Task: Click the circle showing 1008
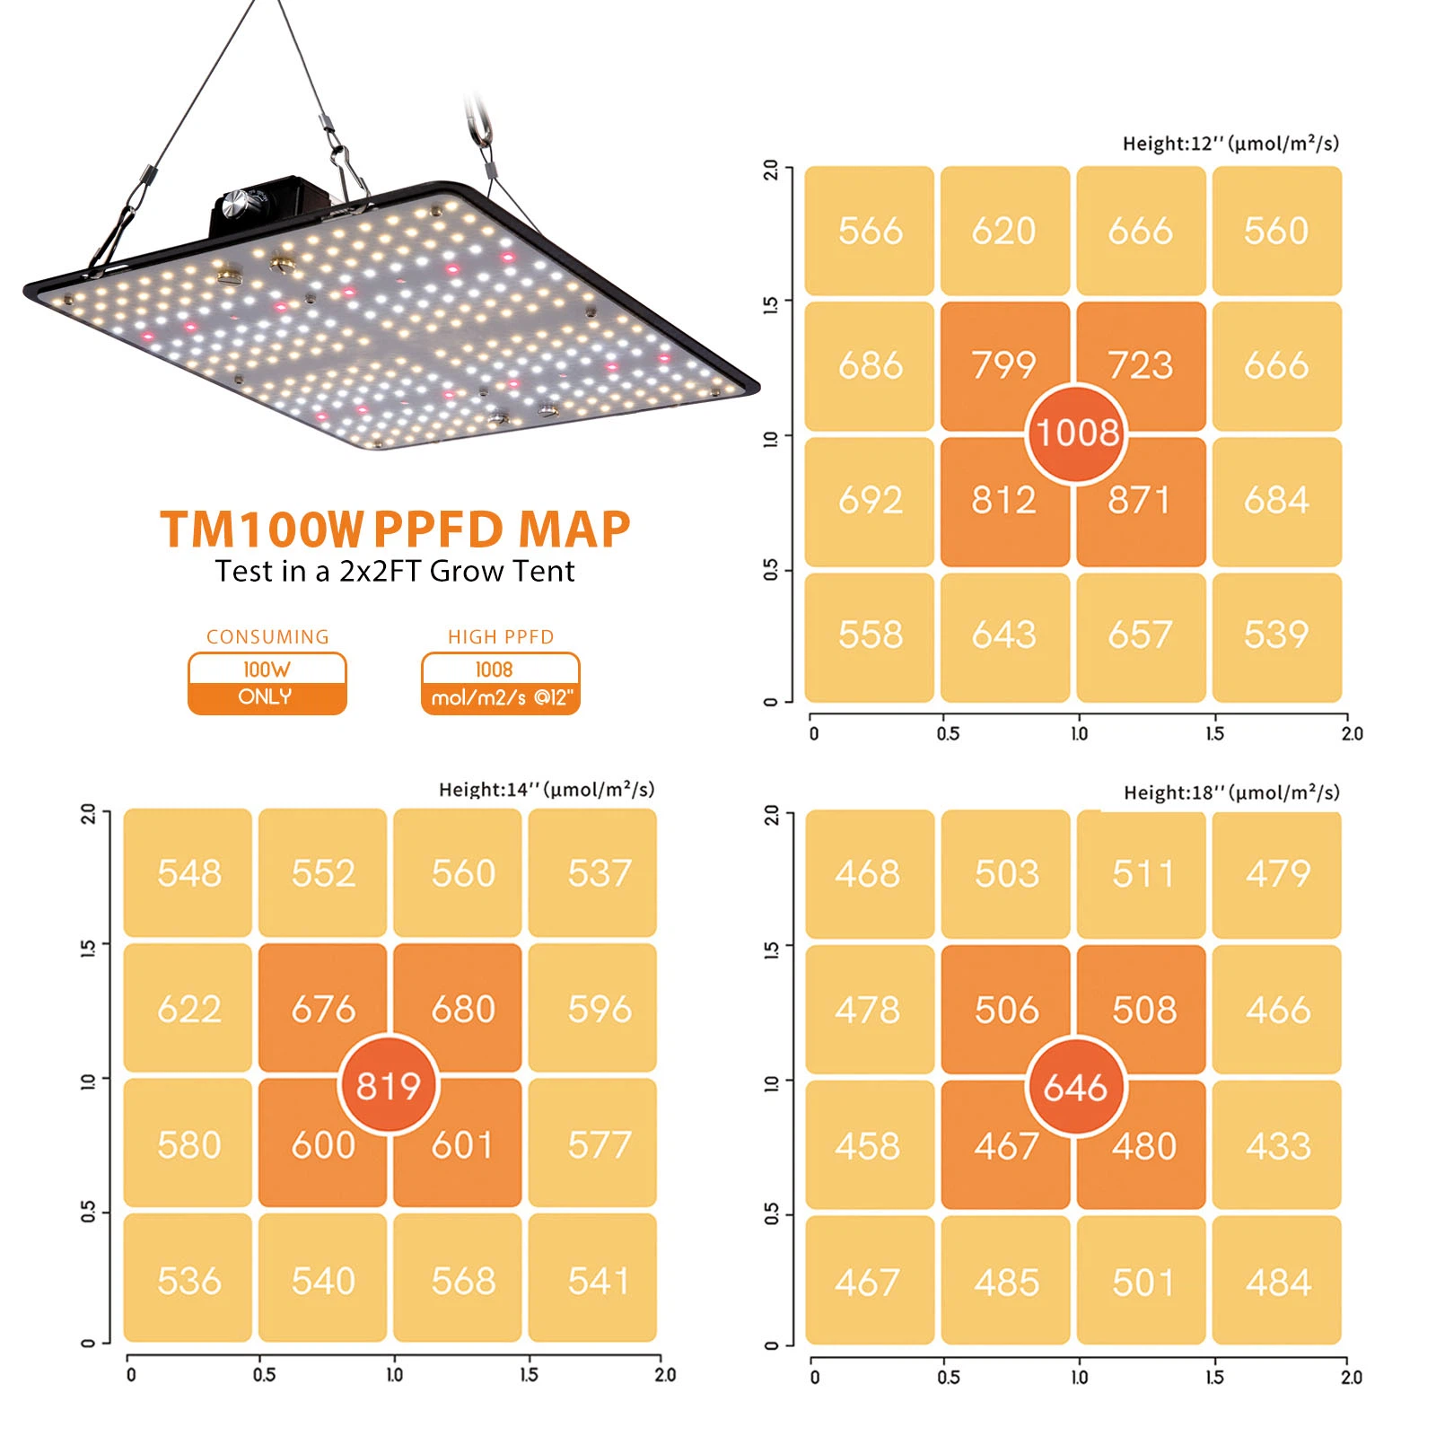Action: [1076, 433]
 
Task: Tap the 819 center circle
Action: [388, 1085]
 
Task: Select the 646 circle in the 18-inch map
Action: [1075, 1087]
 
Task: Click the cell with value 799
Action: [1004, 365]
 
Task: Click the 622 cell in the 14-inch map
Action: [188, 1008]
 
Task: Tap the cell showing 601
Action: [458, 1143]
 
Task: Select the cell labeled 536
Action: [188, 1278]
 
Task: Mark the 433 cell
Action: [1276, 1145]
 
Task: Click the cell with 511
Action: [1141, 874]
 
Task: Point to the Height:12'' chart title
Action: [1230, 144]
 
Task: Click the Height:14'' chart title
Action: [547, 790]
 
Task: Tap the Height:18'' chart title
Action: [1231, 792]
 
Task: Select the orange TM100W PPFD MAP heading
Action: [395, 529]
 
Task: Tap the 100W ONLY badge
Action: [267, 684]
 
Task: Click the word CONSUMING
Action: [267, 637]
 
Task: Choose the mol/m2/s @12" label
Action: [501, 698]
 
